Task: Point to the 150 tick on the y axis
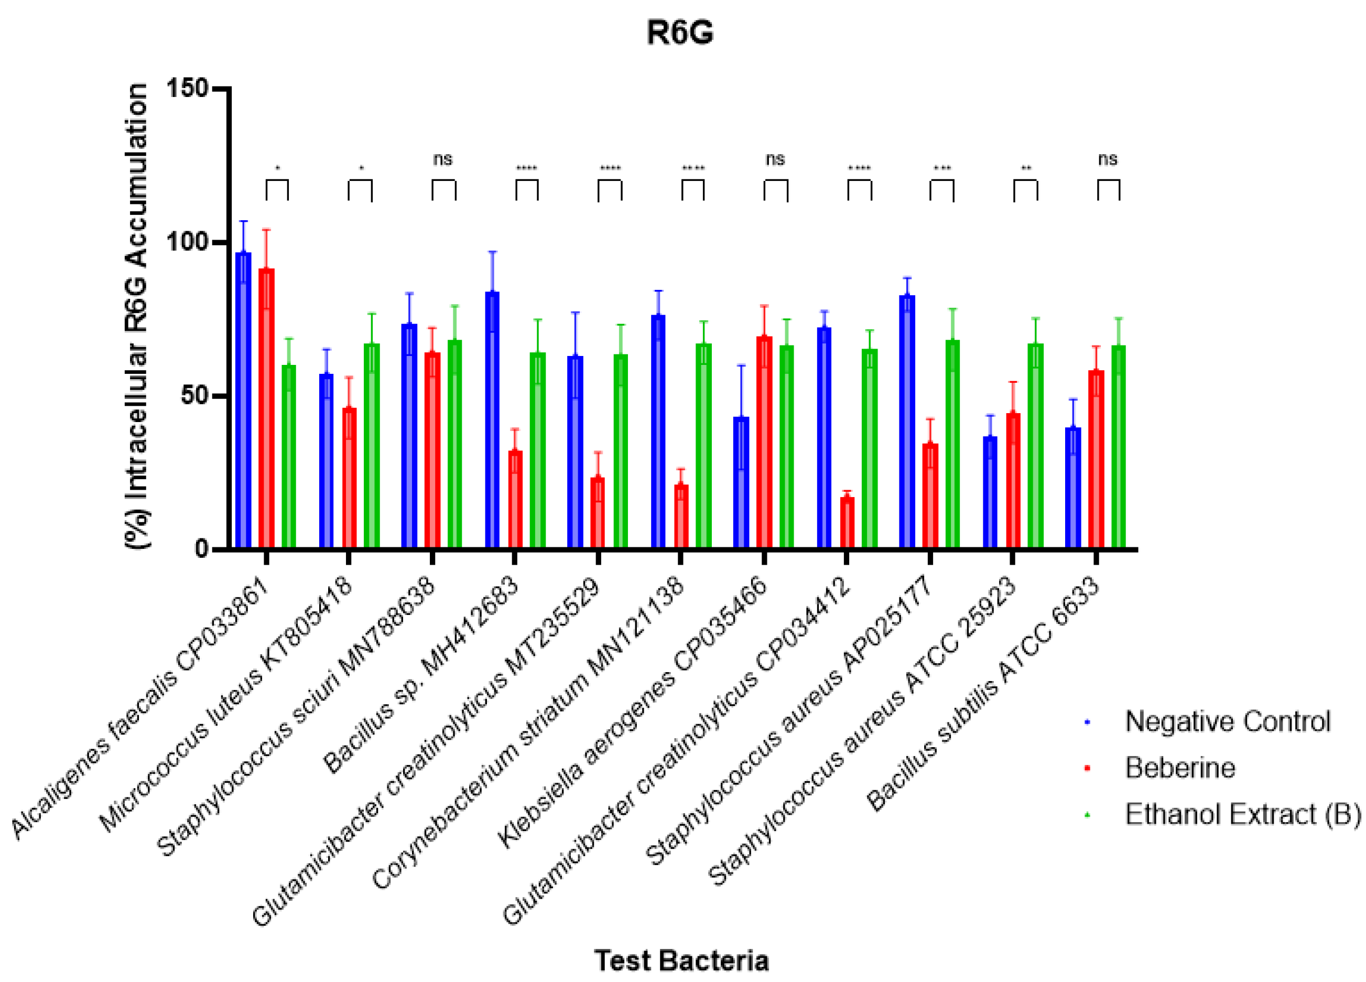[x=187, y=89]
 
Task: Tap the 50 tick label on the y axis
[x=193, y=396]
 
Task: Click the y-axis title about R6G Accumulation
[x=137, y=316]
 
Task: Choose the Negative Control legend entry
[x=1227, y=721]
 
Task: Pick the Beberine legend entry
[x=1179, y=768]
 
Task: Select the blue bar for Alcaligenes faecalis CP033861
[x=243, y=400]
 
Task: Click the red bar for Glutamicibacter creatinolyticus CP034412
[x=847, y=522]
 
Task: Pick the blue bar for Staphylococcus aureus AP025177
[x=907, y=421]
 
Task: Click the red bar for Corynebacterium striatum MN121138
[x=681, y=516]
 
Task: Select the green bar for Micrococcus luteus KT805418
[x=372, y=446]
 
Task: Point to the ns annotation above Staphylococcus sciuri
[x=443, y=159]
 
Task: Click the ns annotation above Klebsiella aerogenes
[x=775, y=159]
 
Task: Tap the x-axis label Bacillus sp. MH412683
[x=421, y=675]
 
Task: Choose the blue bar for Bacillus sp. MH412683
[x=492, y=419]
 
